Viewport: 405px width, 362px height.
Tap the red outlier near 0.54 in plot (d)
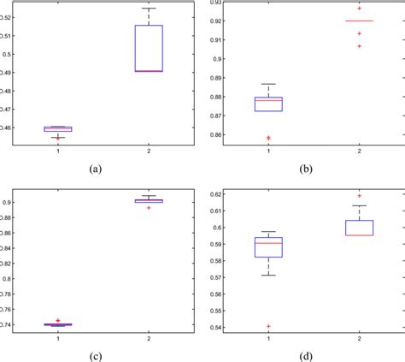(269, 326)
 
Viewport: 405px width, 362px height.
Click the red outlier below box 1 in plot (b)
(269, 137)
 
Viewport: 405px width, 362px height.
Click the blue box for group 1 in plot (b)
(269, 104)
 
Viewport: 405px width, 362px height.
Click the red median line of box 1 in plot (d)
(269, 243)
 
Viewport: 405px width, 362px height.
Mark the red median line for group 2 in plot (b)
(360, 21)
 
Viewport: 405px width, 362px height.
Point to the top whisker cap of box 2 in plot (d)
(360, 205)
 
